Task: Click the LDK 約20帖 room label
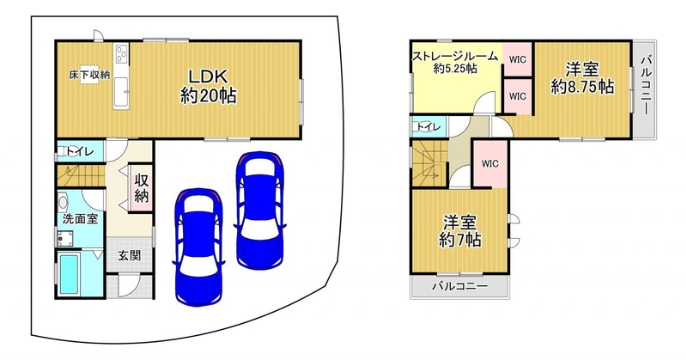208,86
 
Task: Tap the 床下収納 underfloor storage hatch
89,75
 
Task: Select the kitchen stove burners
121,54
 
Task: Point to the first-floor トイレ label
80,152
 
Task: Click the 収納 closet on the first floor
141,188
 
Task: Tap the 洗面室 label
80,219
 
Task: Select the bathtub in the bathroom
69,274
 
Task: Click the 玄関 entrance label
131,256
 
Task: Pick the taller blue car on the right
260,211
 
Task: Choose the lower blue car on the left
199,247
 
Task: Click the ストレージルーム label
456,57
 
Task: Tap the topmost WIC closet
518,58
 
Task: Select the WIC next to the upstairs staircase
490,163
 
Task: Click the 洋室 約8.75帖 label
582,79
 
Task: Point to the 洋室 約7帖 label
460,231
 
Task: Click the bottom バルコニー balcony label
460,287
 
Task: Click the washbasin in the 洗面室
64,203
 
